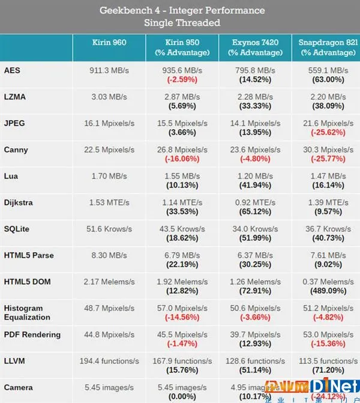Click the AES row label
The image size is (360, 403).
tap(12, 70)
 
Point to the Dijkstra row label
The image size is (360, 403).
tap(19, 202)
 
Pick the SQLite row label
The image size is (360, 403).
tap(17, 229)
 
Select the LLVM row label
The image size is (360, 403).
tap(14, 361)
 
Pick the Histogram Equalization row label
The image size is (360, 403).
tap(27, 312)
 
